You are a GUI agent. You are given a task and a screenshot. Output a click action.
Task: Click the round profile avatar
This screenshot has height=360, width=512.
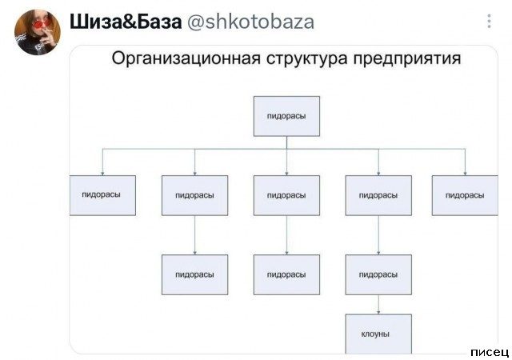pos(38,32)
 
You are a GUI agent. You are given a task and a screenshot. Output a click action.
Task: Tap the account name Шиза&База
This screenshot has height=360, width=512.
pos(126,22)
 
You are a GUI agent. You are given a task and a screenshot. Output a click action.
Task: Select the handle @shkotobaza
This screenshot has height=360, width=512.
pos(250,22)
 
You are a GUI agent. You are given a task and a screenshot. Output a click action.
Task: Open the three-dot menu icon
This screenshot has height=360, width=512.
pos(489,22)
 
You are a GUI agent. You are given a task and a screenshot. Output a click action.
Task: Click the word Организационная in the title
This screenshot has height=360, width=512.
pos(186,59)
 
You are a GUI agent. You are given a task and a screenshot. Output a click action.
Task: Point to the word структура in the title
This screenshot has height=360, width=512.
pos(306,59)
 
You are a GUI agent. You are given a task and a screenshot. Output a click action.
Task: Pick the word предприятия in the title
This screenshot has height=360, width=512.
pos(407,59)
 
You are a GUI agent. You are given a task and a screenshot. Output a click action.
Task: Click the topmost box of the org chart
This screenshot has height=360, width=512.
pos(286,116)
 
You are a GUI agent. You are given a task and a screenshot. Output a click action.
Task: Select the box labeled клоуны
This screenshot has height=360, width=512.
pos(378,334)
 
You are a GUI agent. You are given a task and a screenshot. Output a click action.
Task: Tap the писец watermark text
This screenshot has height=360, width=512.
pos(490,352)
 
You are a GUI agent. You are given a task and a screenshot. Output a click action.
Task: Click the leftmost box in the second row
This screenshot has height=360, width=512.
pos(102,195)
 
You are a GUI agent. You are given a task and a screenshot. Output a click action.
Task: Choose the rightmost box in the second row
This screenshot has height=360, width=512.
pos(465,195)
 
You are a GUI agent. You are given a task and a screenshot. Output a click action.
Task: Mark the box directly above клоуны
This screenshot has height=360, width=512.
pos(378,274)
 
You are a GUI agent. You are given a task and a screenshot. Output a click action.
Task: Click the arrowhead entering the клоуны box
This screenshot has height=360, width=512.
pos(378,312)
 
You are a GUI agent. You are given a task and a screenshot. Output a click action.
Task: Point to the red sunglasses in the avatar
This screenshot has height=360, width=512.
pos(38,25)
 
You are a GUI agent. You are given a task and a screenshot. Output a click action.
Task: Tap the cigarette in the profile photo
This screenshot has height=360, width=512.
pos(48,32)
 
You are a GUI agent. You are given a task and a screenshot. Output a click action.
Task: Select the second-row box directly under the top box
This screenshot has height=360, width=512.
pos(286,195)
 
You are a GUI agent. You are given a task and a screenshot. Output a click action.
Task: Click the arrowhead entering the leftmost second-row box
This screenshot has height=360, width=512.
pos(102,174)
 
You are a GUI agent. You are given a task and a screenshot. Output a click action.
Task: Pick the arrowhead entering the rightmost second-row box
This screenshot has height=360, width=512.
pos(465,174)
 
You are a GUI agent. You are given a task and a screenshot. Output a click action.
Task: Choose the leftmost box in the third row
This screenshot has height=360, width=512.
pos(195,274)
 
